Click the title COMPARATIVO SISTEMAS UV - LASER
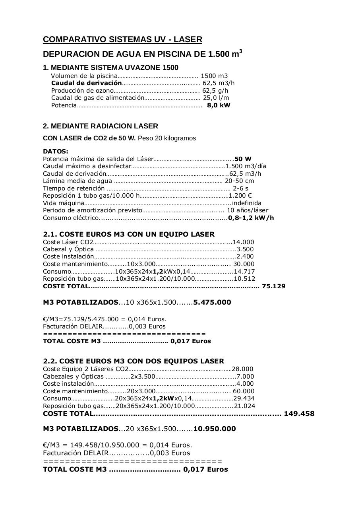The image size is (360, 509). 122,39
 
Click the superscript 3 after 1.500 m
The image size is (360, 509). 240,51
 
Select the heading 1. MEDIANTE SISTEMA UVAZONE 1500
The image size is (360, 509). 110,68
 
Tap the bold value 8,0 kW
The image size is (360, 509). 219,105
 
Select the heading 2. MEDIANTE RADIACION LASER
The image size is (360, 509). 101,126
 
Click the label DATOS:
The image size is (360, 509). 56,152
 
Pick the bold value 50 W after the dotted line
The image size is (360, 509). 243,159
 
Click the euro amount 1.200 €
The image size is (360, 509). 240,196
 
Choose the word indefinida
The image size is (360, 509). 247,203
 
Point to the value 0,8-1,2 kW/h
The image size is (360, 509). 251,218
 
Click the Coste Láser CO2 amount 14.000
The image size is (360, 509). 243,242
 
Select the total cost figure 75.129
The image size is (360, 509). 274,286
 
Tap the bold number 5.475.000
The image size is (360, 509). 212,302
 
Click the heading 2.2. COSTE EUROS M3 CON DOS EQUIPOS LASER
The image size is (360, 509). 134,361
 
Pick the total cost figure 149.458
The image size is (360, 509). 299,414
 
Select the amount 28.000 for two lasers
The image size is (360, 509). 242,369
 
